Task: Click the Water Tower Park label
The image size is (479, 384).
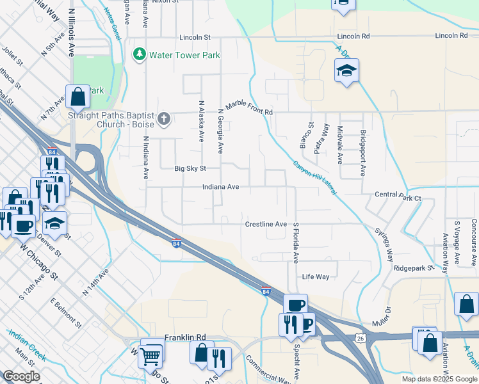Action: point(184,55)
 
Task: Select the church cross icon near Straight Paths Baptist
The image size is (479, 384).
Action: point(164,118)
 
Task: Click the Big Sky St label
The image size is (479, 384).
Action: point(190,169)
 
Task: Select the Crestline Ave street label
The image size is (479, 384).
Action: point(266,224)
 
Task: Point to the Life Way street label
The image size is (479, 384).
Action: point(316,276)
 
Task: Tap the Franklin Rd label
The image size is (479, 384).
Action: point(184,337)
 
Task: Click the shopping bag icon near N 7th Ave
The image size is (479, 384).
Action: point(77,97)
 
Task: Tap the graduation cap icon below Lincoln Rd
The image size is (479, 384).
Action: point(346,70)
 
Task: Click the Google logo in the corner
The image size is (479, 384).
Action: point(21,376)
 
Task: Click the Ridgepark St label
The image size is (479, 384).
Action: point(414,268)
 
